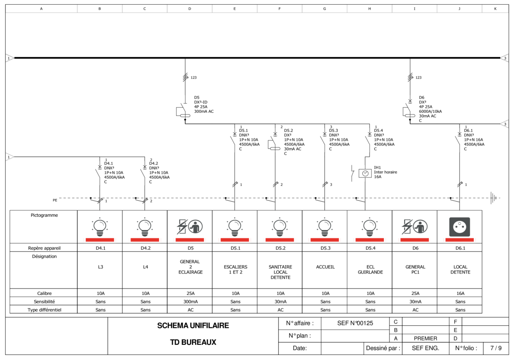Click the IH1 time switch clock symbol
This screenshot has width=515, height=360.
[365, 173]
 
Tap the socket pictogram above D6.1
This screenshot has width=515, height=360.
[459, 227]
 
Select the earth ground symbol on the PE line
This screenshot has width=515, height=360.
[493, 198]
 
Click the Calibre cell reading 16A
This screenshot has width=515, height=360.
[460, 293]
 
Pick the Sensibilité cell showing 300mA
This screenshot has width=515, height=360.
[191, 301]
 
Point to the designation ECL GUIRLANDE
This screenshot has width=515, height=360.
[370, 270]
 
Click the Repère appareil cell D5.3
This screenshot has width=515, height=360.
[325, 248]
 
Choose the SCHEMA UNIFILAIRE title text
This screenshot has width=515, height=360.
[193, 325]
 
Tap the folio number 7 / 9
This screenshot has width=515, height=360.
[496, 348]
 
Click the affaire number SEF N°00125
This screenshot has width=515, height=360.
[355, 323]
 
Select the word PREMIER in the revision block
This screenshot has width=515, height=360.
[425, 338]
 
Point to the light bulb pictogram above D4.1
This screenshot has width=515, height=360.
[100, 227]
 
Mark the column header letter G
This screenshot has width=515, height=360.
[324, 9]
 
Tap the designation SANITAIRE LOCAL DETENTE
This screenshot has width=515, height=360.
[280, 272]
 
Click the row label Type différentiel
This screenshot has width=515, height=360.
[44, 310]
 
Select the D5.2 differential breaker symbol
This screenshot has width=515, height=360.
[274, 143]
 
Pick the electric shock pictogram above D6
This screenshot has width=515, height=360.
[414, 227]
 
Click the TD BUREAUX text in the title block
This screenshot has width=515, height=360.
[193, 342]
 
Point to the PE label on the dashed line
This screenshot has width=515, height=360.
[55, 200]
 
